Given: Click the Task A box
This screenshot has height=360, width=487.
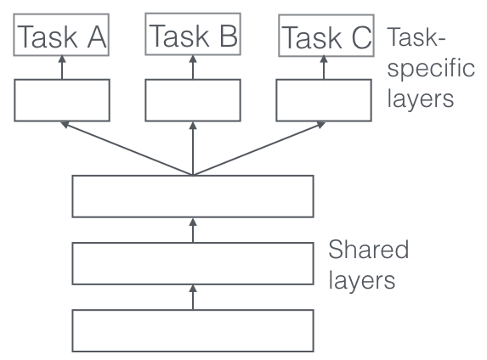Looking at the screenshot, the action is tap(61, 35).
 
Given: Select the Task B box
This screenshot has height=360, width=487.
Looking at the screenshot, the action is tap(193, 34).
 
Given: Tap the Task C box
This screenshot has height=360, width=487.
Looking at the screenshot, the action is tap(326, 36).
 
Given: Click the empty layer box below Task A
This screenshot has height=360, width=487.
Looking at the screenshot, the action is tap(62, 100).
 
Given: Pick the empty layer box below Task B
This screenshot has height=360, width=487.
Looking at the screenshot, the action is tap(193, 100).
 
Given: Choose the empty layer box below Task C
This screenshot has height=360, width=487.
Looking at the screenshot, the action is tap(324, 100).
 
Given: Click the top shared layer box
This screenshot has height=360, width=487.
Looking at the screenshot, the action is tap(193, 196).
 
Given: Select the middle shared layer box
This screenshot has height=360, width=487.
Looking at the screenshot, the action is tap(193, 263).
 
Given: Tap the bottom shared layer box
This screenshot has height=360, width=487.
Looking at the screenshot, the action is tap(193, 330).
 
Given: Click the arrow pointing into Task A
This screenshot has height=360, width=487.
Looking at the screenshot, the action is tap(62, 67).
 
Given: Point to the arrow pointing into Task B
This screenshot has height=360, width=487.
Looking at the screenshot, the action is tap(193, 67).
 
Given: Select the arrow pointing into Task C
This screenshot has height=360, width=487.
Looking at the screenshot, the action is tap(324, 68).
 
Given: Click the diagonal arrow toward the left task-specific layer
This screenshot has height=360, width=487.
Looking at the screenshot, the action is tap(127, 149).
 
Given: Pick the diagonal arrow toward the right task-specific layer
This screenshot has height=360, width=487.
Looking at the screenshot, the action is tap(259, 149).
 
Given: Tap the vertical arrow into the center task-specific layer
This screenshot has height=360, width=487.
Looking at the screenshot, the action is tap(193, 149).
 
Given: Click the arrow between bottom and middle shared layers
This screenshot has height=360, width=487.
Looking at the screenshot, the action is tap(193, 297).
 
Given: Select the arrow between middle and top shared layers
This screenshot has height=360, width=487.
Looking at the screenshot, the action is tap(193, 230).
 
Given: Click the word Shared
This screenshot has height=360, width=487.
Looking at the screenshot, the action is tap(368, 249).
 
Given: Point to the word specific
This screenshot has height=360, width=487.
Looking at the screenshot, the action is tap(431, 70).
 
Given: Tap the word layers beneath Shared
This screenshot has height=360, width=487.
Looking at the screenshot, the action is tap(362, 279).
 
